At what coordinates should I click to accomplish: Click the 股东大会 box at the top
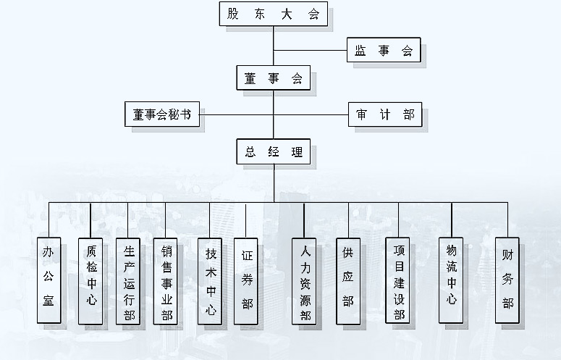tap(273, 14)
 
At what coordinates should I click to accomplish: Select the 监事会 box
tap(383, 51)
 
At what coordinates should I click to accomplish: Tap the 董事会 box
tap(273, 78)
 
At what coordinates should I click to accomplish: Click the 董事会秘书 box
tap(162, 114)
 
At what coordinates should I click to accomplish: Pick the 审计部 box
tap(384, 114)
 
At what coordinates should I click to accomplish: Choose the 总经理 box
tap(273, 152)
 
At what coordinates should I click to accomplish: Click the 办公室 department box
tap(48, 279)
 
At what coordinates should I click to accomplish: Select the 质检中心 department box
tap(90, 279)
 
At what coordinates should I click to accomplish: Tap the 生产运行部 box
tap(129, 280)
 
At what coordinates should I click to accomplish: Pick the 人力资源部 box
tap(304, 280)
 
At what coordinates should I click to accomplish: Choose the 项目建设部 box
tap(398, 280)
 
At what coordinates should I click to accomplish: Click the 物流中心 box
tap(451, 279)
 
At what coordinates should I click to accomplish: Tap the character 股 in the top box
tap(232, 14)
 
